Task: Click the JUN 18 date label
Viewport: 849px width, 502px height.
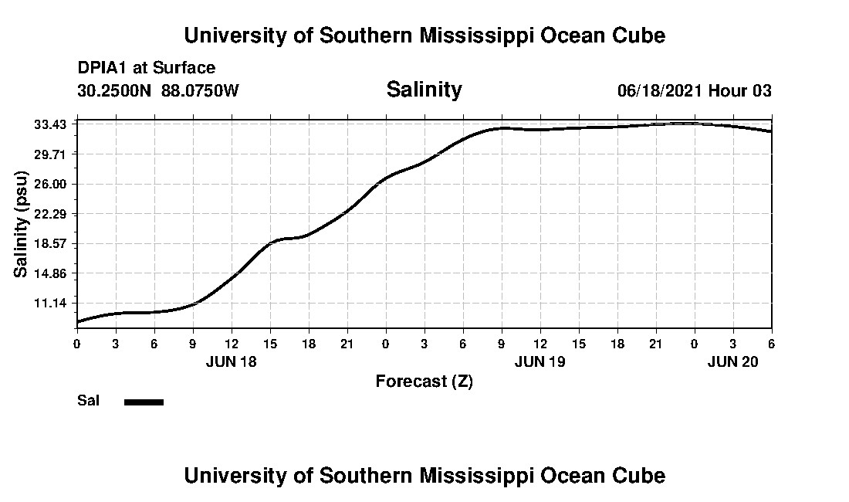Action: click(231, 361)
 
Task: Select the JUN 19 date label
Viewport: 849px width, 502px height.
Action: click(540, 361)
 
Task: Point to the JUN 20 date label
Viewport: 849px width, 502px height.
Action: click(732, 361)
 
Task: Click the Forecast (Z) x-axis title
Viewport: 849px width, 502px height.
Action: click(424, 382)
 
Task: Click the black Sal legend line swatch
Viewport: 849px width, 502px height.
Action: click(144, 402)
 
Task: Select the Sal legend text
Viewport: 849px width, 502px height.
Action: click(87, 401)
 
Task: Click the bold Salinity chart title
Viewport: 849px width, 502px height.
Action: click(424, 90)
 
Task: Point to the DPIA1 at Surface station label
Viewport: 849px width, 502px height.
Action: click(147, 68)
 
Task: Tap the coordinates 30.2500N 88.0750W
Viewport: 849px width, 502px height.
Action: click(158, 90)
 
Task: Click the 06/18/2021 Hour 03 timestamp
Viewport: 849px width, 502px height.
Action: click(694, 90)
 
